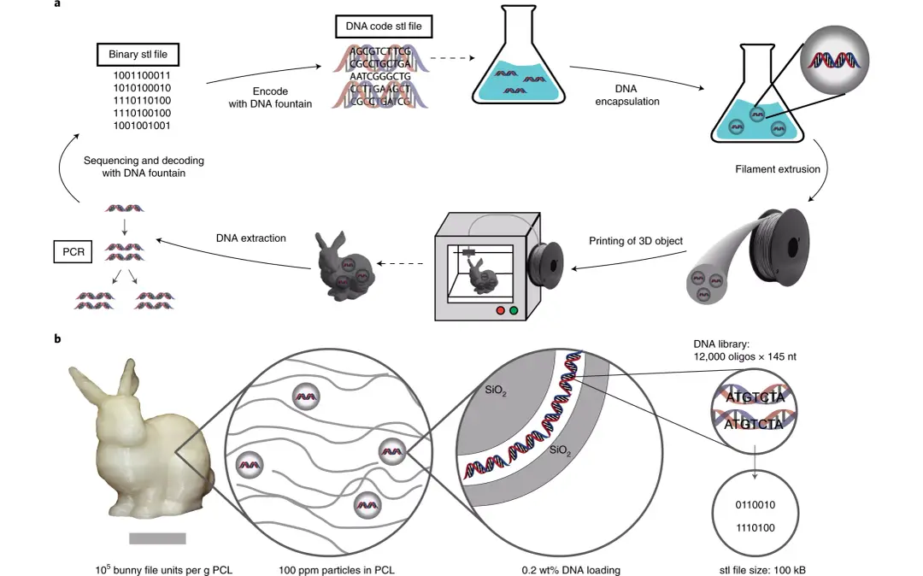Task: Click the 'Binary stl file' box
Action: pyautogui.click(x=138, y=54)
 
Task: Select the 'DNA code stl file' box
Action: pyautogui.click(x=384, y=26)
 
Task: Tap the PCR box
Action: pyautogui.click(x=73, y=252)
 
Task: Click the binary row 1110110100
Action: pyautogui.click(x=142, y=100)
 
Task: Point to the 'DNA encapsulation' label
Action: pyautogui.click(x=627, y=95)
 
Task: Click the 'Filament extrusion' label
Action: pyautogui.click(x=777, y=169)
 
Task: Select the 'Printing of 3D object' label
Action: pyautogui.click(x=636, y=241)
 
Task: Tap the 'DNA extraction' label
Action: pyautogui.click(x=250, y=238)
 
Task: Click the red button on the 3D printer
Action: pyautogui.click(x=500, y=310)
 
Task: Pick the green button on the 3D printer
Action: pyautogui.click(x=514, y=310)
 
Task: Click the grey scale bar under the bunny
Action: pyautogui.click(x=157, y=538)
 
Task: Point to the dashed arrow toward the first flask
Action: pyautogui.click(x=452, y=57)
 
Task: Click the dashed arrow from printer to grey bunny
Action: pyautogui.click(x=400, y=263)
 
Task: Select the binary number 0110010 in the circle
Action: pyautogui.click(x=755, y=505)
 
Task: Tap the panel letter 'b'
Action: pyautogui.click(x=57, y=338)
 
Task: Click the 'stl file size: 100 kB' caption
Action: pyautogui.click(x=762, y=569)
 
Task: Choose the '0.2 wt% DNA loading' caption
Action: pyautogui.click(x=570, y=569)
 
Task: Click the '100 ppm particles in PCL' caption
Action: pyautogui.click(x=336, y=569)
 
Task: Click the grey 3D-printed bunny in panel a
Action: pyautogui.click(x=344, y=263)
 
